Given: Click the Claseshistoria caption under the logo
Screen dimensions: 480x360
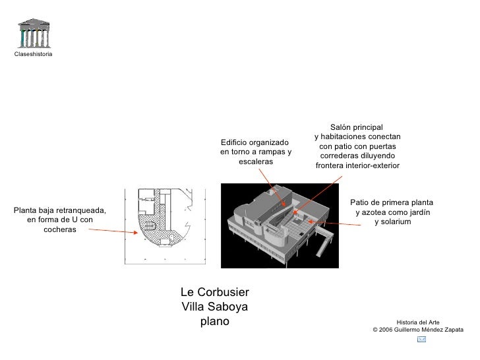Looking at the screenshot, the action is coord(33,53).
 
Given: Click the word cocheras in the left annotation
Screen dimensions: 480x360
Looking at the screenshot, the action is coord(60,229).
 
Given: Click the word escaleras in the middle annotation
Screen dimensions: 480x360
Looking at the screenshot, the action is coord(256,162).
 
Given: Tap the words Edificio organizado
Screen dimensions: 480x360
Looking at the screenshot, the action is coord(255,142).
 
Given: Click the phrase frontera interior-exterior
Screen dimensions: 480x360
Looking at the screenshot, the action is coord(357,165).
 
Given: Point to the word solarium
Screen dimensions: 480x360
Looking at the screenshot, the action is coord(393,222).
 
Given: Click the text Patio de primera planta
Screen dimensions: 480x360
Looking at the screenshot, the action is coord(392,202).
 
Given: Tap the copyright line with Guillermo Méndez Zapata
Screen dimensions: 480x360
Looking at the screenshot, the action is coord(418,329).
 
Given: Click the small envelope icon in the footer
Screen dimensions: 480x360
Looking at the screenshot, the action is coord(422,339).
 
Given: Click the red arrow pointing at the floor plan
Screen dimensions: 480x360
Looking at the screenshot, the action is coord(113,231).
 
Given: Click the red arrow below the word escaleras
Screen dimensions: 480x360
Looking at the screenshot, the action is coord(272,187).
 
